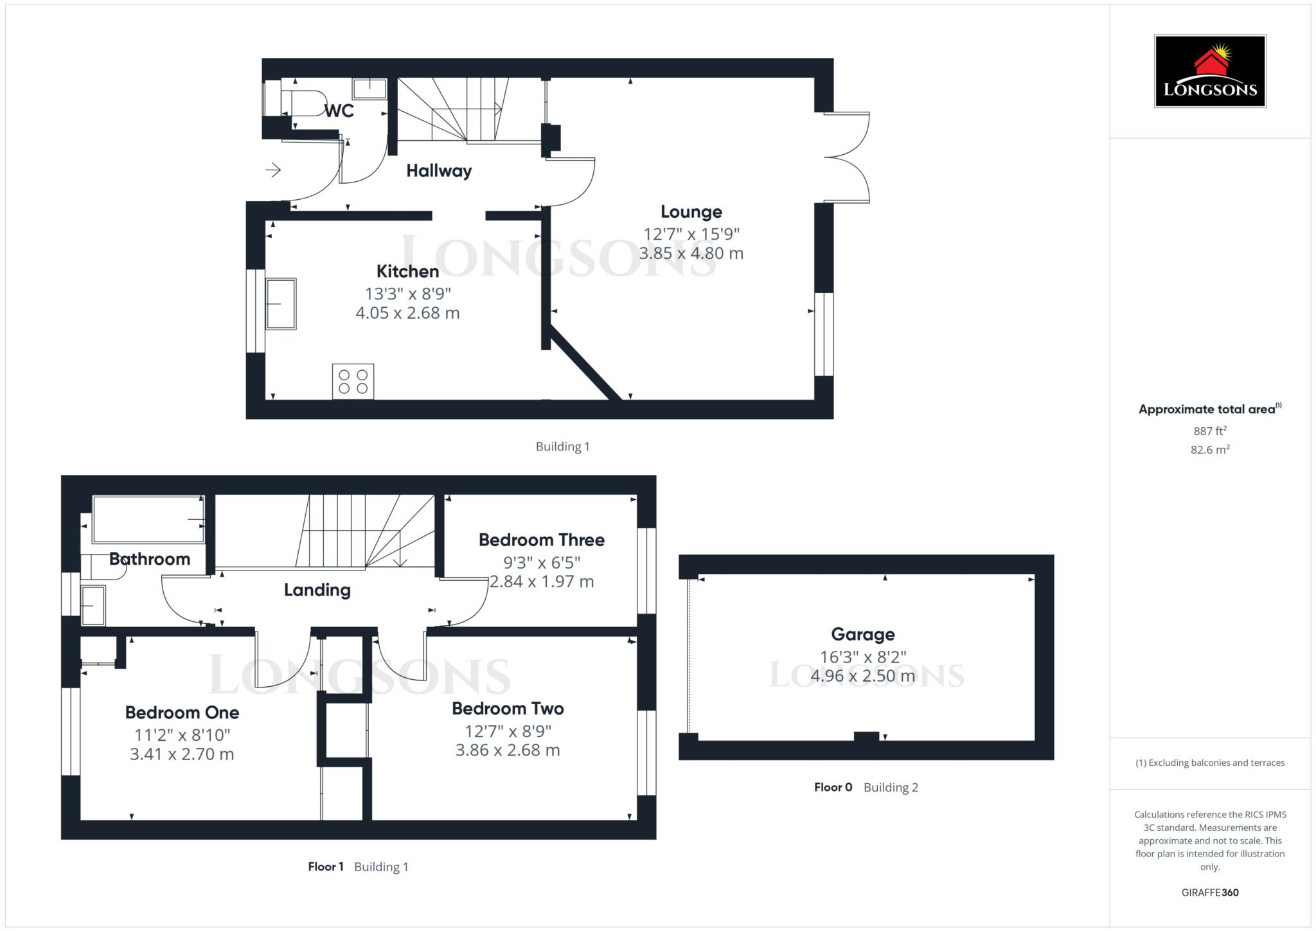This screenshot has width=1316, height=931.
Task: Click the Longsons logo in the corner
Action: pyautogui.click(x=1209, y=71)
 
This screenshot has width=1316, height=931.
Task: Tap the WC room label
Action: pyautogui.click(x=339, y=111)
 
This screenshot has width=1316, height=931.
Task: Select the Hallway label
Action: pyautogui.click(x=439, y=170)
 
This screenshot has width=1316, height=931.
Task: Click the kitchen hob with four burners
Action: pyautogui.click(x=353, y=381)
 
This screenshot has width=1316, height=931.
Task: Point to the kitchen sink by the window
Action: pyautogui.click(x=281, y=304)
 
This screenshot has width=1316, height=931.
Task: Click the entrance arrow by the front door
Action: pyautogui.click(x=273, y=170)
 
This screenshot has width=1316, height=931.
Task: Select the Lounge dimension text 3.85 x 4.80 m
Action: pyautogui.click(x=691, y=253)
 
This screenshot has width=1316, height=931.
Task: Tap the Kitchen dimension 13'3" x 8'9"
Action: pyautogui.click(x=408, y=294)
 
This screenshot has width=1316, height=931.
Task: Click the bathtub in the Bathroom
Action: pyautogui.click(x=148, y=519)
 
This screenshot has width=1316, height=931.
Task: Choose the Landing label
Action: pyautogui.click(x=317, y=589)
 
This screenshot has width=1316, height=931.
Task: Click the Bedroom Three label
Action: pyautogui.click(x=541, y=540)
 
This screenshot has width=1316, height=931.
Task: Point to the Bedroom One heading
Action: pyautogui.click(x=182, y=712)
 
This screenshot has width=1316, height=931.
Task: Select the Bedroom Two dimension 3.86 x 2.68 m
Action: pyautogui.click(x=508, y=750)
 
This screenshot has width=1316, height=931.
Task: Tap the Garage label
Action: pyautogui.click(x=862, y=634)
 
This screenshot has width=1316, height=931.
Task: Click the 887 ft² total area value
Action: pyautogui.click(x=1209, y=430)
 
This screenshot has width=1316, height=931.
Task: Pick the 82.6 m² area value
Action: pyautogui.click(x=1209, y=450)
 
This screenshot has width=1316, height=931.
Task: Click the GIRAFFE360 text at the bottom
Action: pyautogui.click(x=1209, y=892)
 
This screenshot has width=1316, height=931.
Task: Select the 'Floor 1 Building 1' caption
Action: pyautogui.click(x=358, y=867)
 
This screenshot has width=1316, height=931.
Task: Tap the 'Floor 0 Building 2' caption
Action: pyautogui.click(x=866, y=787)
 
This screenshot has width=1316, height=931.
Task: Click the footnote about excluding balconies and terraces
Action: pyautogui.click(x=1209, y=763)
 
